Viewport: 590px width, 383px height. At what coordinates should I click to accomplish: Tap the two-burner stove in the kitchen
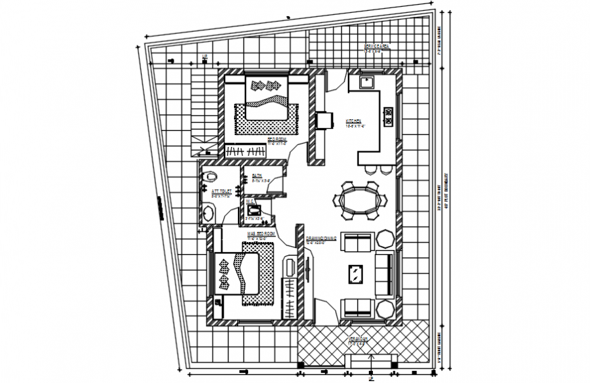[389, 117]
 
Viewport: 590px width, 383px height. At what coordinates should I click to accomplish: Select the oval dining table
[359, 200]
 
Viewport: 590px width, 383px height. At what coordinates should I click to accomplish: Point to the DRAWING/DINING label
[321, 239]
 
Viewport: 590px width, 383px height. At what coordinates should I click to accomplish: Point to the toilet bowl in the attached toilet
[210, 176]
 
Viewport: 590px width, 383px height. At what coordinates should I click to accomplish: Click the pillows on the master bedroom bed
[224, 273]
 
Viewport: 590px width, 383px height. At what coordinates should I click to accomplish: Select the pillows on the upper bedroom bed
[266, 85]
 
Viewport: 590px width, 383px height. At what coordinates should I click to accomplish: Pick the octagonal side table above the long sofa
[385, 239]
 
